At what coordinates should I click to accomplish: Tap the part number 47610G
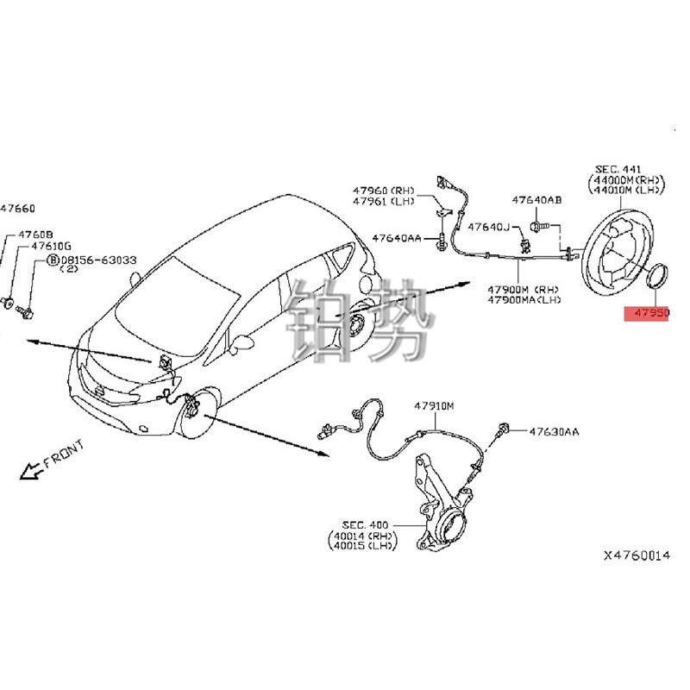[x=53, y=246]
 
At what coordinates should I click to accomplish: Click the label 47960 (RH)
[x=382, y=190]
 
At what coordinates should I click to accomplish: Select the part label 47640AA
[x=396, y=237]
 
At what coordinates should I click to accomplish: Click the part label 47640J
[x=489, y=228]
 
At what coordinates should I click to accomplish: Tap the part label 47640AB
[x=536, y=200]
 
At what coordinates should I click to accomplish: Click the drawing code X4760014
[x=636, y=556]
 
